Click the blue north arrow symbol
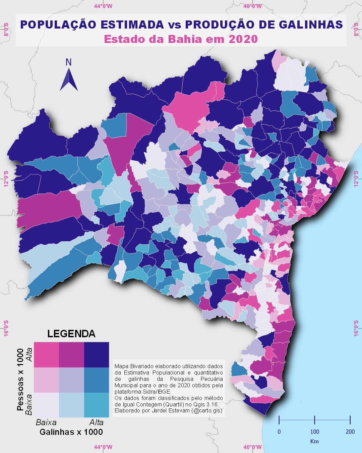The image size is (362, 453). pyautogui.click(x=69, y=81)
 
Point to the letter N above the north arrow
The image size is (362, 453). pyautogui.click(x=69, y=62)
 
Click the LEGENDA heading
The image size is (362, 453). pyautogui.click(x=71, y=334)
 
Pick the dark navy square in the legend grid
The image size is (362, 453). pyautogui.click(x=97, y=355)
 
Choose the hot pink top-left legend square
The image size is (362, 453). pyautogui.click(x=47, y=355)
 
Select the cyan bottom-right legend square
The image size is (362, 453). pyautogui.click(x=97, y=405)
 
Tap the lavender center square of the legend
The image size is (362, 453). pyautogui.click(x=71, y=380)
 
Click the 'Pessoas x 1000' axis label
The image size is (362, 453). pyautogui.click(x=20, y=380)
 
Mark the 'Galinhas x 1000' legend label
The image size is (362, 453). pyautogui.click(x=71, y=432)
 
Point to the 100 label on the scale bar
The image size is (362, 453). pyautogui.click(x=314, y=432)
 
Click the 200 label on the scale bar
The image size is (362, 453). pyautogui.click(x=350, y=432)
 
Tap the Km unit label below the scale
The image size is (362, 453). pyautogui.click(x=314, y=441)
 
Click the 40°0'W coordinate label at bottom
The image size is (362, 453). pyautogui.click(x=252, y=447)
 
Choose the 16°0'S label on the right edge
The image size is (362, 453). pyautogui.click(x=356, y=328)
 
